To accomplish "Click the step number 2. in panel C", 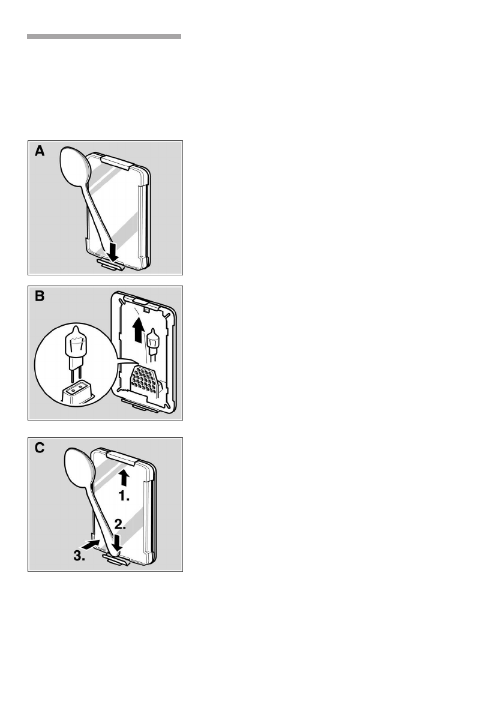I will (x=121, y=524).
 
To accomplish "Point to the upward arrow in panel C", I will (x=124, y=476).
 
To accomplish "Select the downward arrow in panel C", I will (x=118, y=542).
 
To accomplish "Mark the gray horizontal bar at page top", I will (x=104, y=37).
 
